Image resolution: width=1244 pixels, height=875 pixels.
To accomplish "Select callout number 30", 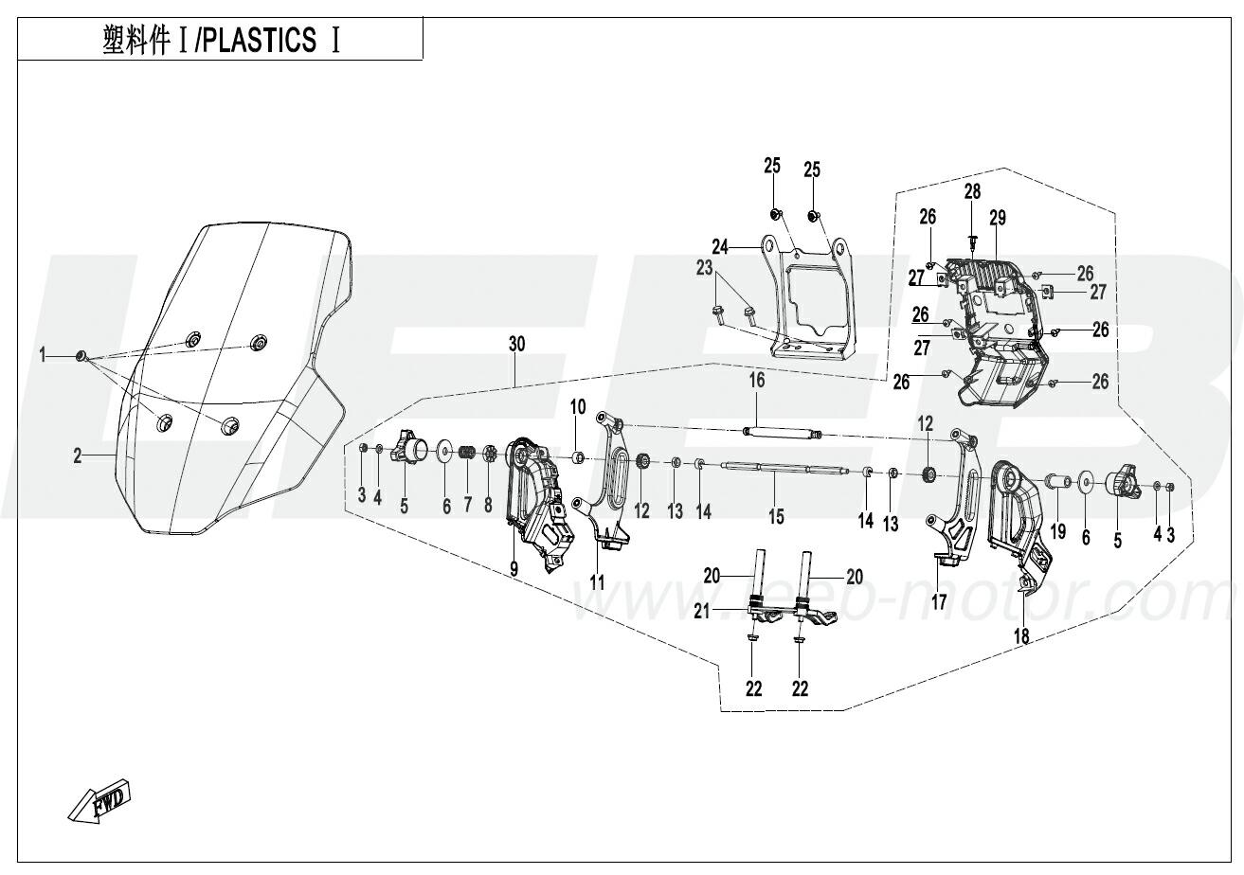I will click(515, 346).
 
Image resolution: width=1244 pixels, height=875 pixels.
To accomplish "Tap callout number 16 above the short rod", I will click(756, 382).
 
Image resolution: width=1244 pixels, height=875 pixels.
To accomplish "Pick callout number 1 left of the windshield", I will click(43, 354).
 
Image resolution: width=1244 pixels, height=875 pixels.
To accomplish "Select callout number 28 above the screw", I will click(972, 193).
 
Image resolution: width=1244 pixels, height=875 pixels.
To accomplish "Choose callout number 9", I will click(514, 568).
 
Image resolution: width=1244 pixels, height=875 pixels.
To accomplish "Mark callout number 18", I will click(1020, 636).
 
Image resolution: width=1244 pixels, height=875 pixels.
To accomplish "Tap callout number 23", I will click(704, 269).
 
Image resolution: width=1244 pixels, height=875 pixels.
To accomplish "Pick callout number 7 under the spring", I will click(467, 506).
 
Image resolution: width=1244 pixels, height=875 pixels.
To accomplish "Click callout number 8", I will click(488, 506).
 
